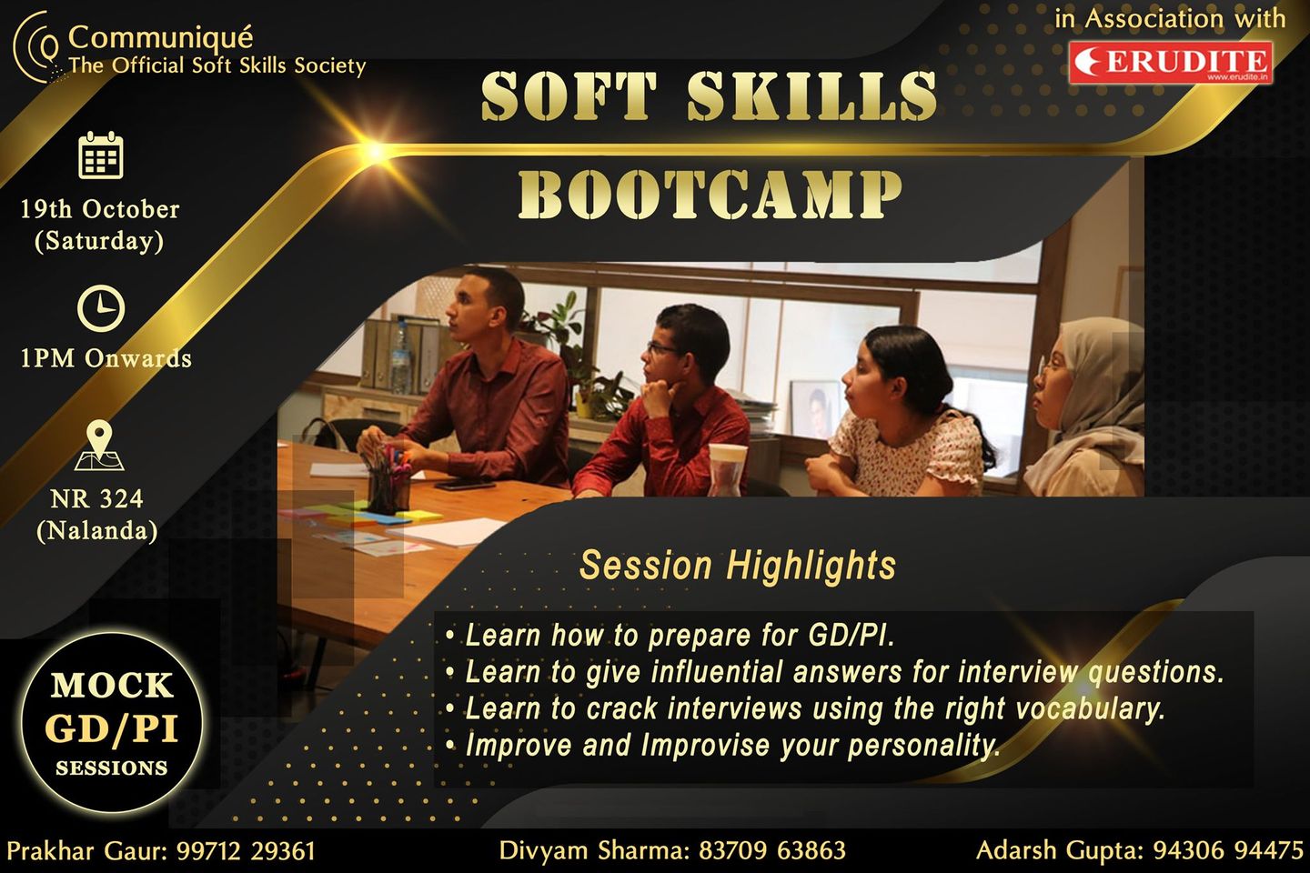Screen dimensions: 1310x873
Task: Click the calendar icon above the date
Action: [101, 155]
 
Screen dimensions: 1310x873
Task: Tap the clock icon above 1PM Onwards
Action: [101, 308]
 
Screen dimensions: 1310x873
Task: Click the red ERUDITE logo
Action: [1171, 62]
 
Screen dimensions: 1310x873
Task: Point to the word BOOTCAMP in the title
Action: [710, 195]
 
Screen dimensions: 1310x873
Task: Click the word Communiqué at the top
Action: [161, 37]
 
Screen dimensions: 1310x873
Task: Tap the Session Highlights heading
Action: [738, 565]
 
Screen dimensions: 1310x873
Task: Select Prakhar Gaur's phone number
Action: [246, 851]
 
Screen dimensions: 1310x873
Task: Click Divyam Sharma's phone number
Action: [772, 850]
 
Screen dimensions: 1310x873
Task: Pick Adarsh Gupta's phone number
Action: [1228, 850]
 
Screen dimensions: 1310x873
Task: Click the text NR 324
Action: [96, 498]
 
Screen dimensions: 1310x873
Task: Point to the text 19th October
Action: [100, 209]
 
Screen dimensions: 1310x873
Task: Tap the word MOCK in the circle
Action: [112, 686]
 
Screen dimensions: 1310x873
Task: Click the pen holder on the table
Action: [388, 482]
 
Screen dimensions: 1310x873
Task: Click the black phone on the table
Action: [464, 484]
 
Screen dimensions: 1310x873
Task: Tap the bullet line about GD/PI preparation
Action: [670, 635]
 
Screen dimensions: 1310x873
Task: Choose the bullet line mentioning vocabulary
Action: [805, 708]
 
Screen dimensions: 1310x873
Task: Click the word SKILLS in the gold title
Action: [811, 95]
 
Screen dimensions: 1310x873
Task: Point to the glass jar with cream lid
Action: [728, 469]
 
